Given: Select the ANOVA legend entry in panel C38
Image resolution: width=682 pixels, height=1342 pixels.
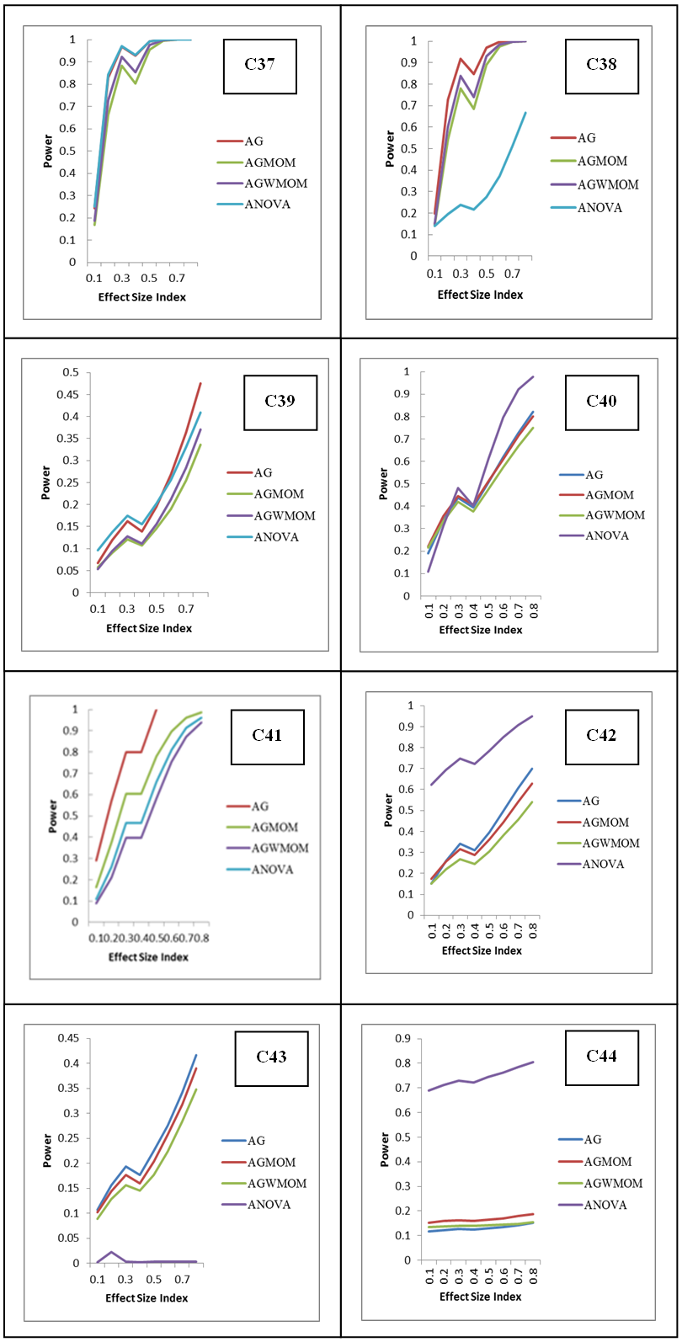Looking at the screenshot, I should pyautogui.click(x=599, y=208).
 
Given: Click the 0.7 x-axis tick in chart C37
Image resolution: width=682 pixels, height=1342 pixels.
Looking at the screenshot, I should pyautogui.click(x=176, y=277).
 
